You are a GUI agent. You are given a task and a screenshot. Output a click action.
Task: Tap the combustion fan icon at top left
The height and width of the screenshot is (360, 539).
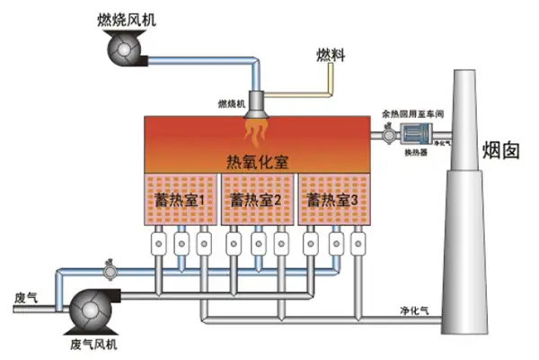click(x=125, y=52)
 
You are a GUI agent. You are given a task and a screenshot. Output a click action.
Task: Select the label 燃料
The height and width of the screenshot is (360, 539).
click(x=329, y=57)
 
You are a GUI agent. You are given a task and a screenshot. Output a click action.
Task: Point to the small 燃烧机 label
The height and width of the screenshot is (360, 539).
click(x=232, y=103)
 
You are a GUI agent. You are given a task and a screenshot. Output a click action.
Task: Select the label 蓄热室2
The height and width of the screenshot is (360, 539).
click(x=257, y=198)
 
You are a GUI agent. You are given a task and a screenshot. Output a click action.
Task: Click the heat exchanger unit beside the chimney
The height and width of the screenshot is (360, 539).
click(x=417, y=135)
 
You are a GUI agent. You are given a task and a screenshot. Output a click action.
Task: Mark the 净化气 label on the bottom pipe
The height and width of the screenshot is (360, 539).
click(x=414, y=310)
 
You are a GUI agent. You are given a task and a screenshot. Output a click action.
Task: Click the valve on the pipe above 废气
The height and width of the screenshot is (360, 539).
click(x=110, y=269)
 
